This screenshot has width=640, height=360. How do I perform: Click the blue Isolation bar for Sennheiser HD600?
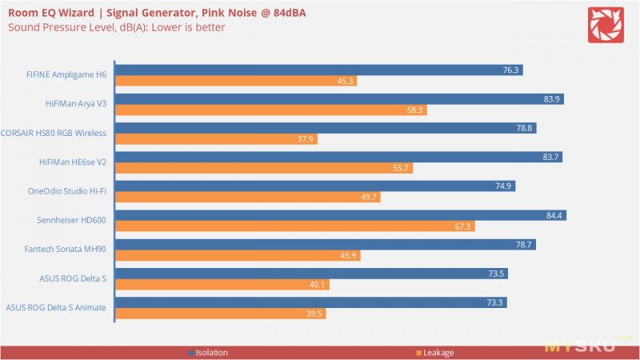click(x=341, y=215)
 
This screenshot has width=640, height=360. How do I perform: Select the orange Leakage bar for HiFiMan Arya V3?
click(x=271, y=110)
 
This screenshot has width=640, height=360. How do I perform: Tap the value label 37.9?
click(x=305, y=139)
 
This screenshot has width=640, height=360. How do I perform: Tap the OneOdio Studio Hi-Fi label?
click(x=67, y=191)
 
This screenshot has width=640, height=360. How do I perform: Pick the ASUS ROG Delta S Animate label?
click(x=56, y=307)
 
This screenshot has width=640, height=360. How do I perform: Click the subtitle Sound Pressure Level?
click(x=117, y=27)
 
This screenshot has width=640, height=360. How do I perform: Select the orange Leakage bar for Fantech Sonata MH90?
click(x=238, y=255)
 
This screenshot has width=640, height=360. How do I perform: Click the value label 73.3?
click(x=494, y=302)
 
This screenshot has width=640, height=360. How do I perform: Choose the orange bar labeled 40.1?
click(x=222, y=285)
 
